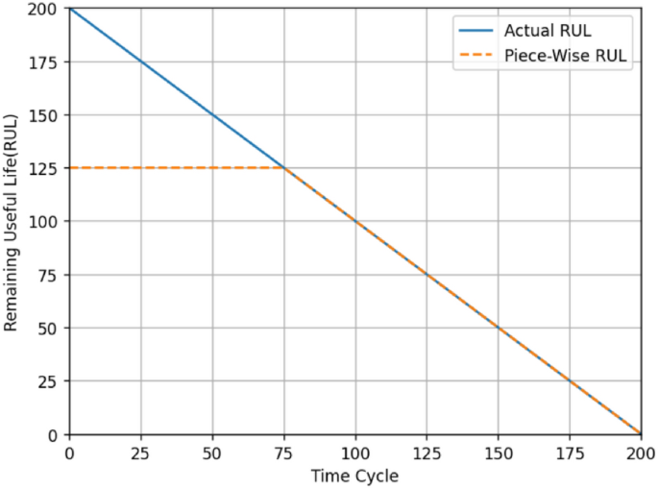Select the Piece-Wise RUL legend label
click(566, 56)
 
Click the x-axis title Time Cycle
click(354, 476)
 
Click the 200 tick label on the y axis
click(46, 9)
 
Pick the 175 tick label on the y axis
click(46, 62)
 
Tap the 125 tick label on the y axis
click(46, 168)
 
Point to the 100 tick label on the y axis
click(46, 222)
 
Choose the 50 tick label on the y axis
click(50, 329)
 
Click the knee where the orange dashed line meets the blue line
click(283, 168)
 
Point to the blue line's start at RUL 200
click(69, 8)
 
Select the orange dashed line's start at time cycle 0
click(69, 168)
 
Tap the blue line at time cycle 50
click(212, 114)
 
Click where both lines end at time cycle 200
click(641, 434)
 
